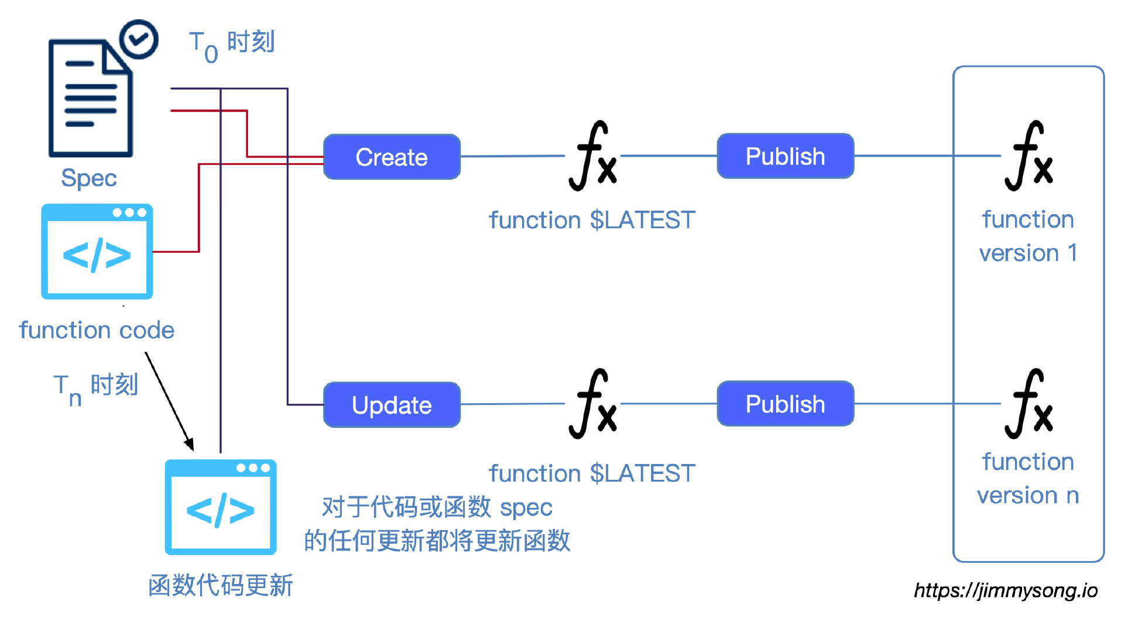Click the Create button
392,157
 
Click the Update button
392,405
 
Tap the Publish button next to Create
785,156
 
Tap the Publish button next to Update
785,404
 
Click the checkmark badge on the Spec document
139,39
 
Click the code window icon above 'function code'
97,252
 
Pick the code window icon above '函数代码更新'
221,507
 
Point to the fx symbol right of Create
593,156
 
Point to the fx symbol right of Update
593,404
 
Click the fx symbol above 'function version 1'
1029,156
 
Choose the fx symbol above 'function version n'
1029,404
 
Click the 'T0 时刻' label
232,44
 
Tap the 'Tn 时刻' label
96,387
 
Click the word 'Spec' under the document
89,178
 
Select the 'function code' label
97,330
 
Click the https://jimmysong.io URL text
1006,590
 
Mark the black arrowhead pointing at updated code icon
189,444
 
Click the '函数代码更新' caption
221,585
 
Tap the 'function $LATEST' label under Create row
592,220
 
